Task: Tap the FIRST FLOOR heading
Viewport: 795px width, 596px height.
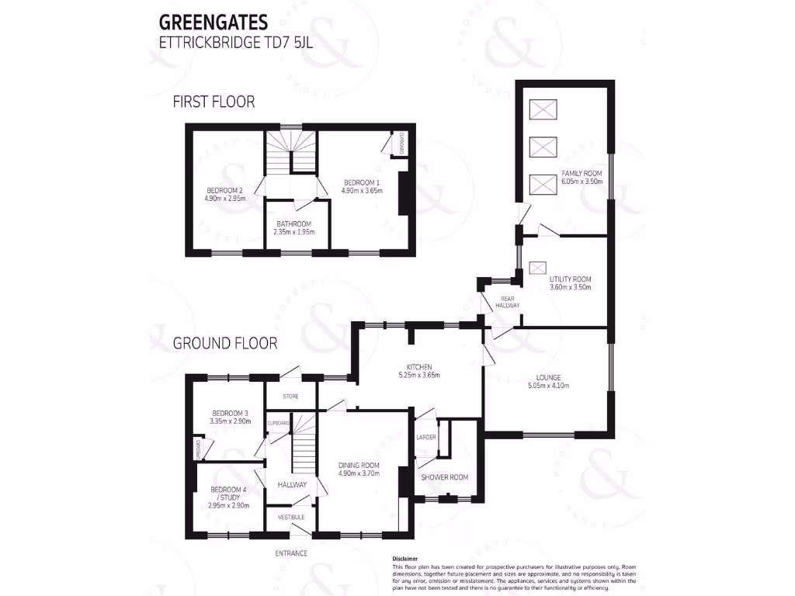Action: pos(214,102)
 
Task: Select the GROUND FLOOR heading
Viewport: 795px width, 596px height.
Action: pos(224,343)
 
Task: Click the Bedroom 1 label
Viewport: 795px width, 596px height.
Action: pos(362,182)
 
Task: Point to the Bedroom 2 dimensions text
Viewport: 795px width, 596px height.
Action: pos(225,199)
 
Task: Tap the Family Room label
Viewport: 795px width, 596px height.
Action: pos(582,174)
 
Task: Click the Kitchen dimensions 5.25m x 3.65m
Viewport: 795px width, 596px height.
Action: pos(419,376)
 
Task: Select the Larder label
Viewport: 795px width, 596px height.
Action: pos(426,437)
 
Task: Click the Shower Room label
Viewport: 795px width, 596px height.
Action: pos(445,477)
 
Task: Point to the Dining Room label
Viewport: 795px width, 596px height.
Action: pos(358,465)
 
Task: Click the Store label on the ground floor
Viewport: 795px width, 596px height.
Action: pos(290,397)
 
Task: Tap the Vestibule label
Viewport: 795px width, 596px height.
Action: pos(291,517)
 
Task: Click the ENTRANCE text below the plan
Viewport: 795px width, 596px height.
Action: pos(291,553)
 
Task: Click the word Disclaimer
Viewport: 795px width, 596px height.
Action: pos(405,559)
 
